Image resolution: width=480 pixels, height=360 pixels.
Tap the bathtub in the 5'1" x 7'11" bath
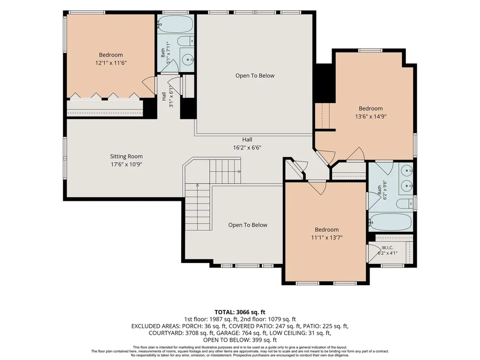coord(176,24)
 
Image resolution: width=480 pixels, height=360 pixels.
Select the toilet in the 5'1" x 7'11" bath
coord(186,40)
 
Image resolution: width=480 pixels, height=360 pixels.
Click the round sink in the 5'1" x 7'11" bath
coord(187,59)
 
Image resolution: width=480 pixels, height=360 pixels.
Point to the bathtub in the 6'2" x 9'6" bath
coord(390,222)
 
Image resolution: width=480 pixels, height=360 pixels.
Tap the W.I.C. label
coord(387,248)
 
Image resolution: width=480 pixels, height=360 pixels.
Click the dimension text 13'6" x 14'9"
coord(371,116)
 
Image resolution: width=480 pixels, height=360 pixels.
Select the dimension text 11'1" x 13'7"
coord(326,237)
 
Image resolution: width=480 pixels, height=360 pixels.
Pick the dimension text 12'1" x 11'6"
coord(111,63)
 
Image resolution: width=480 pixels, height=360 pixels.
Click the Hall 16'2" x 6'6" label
coord(247,144)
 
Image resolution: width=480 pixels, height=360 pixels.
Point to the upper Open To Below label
coord(255,76)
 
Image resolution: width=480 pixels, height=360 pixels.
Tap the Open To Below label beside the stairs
coord(248,225)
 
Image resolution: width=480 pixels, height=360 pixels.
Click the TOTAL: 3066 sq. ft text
coord(240,312)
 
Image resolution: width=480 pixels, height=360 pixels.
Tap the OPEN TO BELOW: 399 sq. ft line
coord(240,340)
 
